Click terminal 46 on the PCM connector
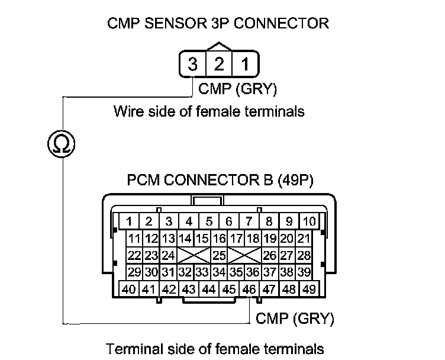249,290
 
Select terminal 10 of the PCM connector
309,222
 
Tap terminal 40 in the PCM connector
128,290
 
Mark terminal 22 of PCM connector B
134,256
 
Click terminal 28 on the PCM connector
304,256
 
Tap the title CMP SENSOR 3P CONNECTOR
218,24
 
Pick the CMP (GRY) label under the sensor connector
237,89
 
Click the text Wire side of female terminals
209,111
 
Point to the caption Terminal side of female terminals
215,348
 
